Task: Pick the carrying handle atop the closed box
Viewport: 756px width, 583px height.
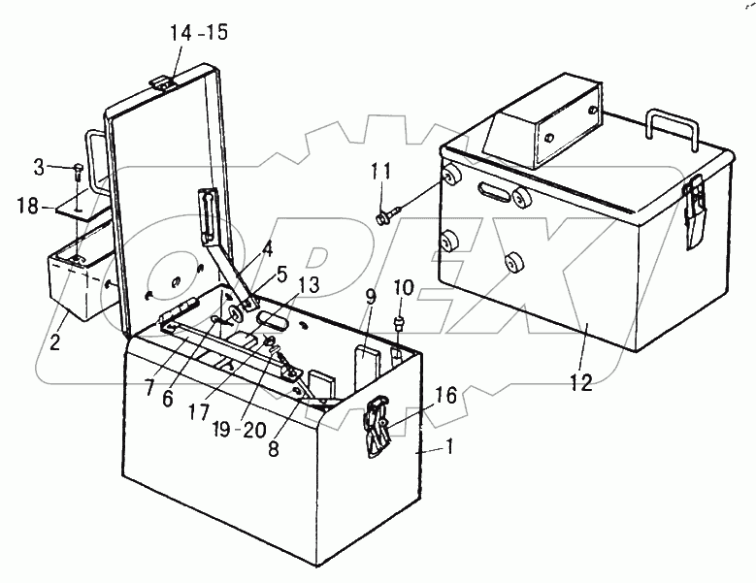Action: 674,129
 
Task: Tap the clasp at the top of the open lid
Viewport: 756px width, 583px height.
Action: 162,81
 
